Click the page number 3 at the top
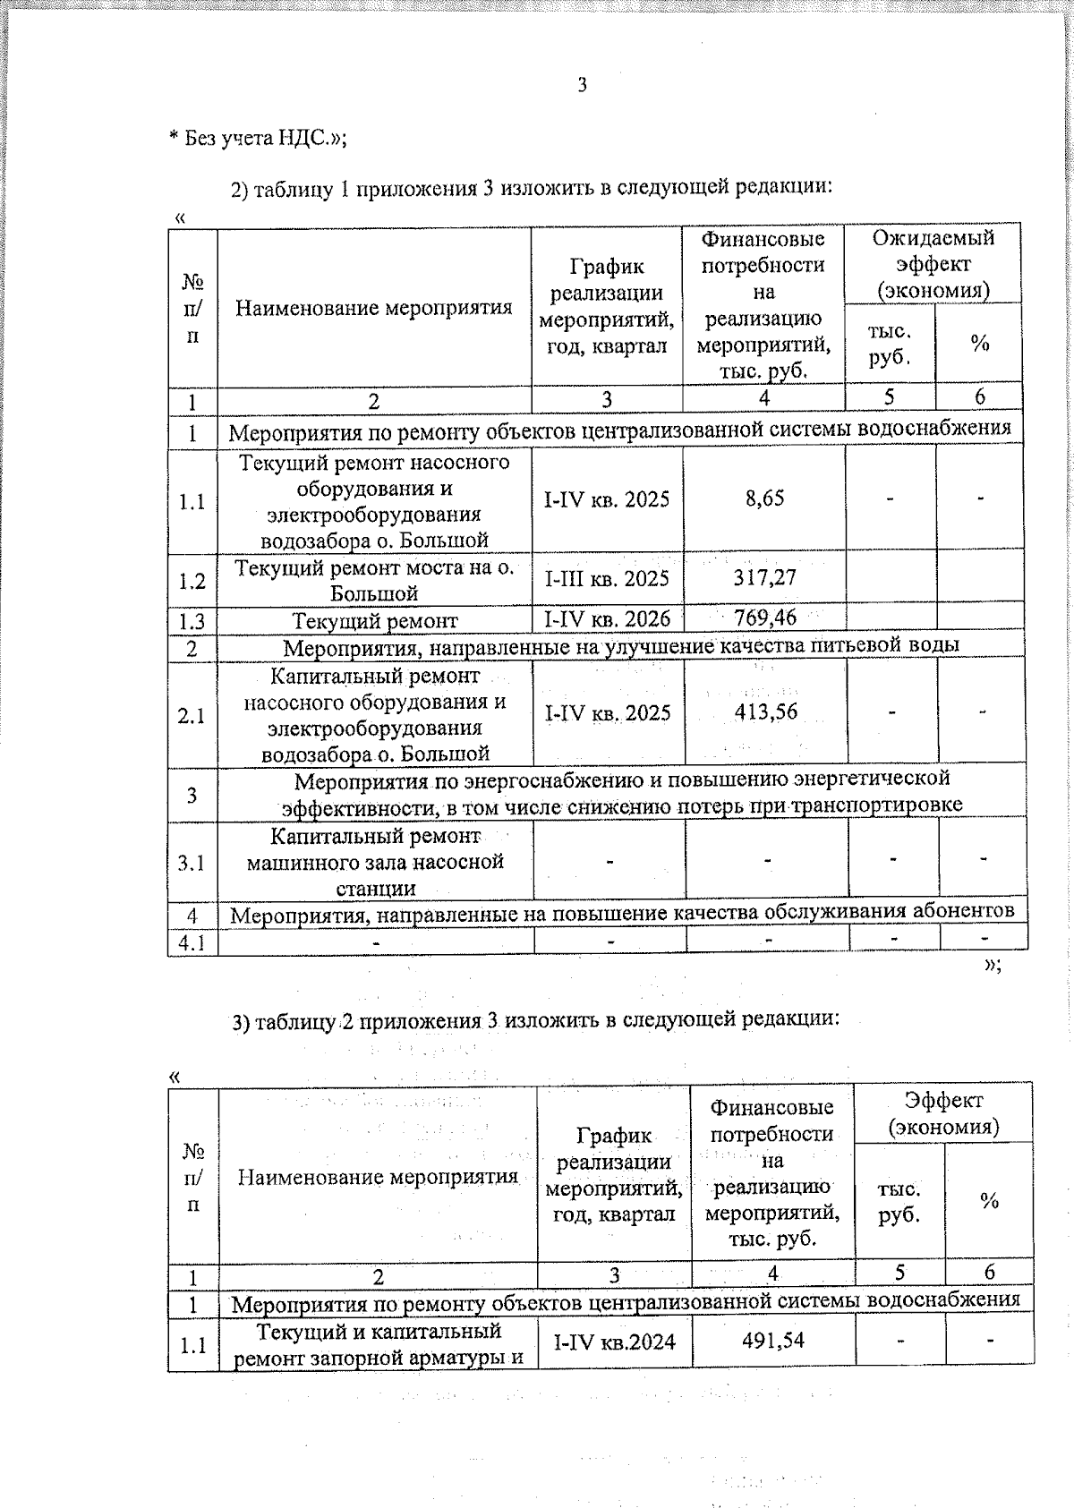[583, 85]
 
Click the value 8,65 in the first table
[764, 498]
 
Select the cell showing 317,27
[764, 578]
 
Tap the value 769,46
[764, 617]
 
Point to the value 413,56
[765, 711]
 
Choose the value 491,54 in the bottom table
[773, 1340]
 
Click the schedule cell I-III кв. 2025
[607, 578]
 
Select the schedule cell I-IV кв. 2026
[607, 618]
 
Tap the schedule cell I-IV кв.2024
[614, 1342]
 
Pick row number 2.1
[192, 715]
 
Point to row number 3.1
[192, 863]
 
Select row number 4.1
[192, 942]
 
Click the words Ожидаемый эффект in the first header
[933, 251]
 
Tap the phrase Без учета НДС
[260, 139]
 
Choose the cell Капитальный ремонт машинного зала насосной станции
[375, 862]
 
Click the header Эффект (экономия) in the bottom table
[943, 1112]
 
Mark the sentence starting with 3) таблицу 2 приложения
[535, 1020]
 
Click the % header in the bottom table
[988, 1201]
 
